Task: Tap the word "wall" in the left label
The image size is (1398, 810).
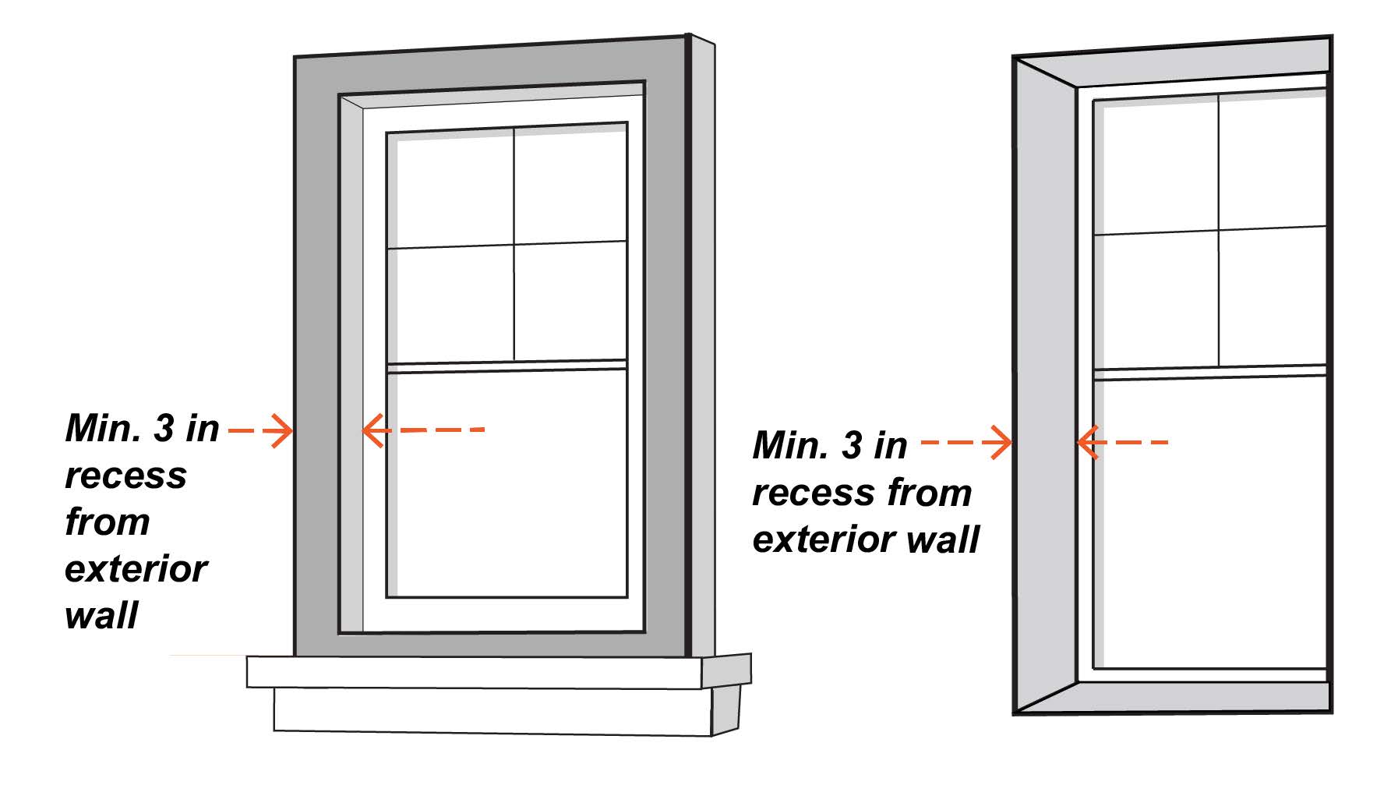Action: tap(101, 615)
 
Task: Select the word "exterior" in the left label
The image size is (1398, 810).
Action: tap(136, 569)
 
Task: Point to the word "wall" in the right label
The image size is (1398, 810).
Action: tap(945, 539)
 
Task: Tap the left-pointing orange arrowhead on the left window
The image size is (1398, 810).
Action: tap(372, 430)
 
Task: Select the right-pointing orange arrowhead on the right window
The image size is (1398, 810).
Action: tap(1001, 443)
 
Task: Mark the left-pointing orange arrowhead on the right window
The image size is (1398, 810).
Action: tap(1087, 442)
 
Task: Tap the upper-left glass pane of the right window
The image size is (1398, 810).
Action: tap(1156, 167)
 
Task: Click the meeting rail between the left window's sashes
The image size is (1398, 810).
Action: tap(507, 366)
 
